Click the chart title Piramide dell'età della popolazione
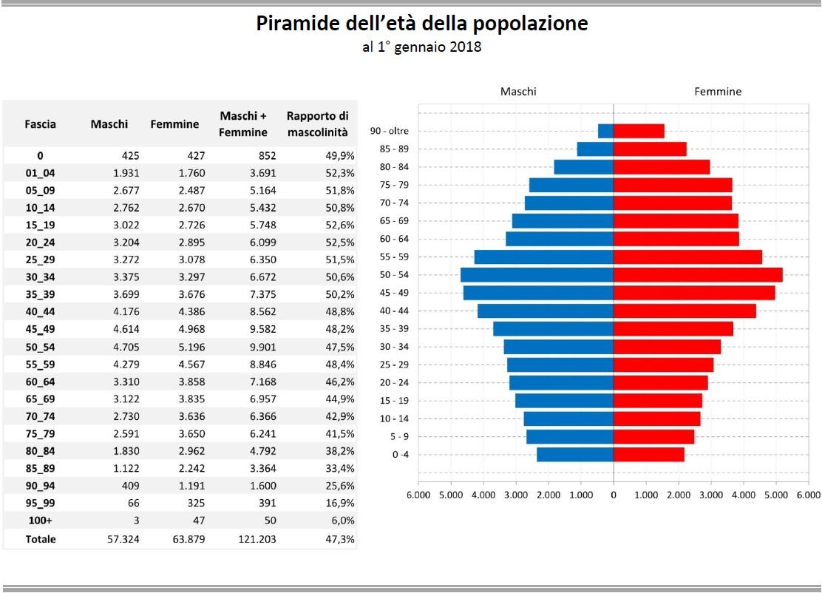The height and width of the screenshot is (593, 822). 422,24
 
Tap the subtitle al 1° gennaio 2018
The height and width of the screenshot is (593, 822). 421,47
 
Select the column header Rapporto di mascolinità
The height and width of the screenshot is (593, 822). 317,123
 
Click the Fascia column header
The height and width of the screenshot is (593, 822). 40,124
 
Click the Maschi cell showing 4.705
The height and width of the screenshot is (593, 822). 123,347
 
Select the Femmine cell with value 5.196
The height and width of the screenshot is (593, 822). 189,347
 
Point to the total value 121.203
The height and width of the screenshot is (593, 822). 256,539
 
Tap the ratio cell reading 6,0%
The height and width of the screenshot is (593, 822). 342,521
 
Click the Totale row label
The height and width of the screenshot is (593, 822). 41,539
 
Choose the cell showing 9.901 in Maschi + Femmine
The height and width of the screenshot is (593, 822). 260,347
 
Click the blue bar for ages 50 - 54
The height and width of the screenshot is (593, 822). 537,275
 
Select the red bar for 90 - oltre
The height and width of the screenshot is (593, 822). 639,131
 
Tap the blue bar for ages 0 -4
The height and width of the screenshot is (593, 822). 575,454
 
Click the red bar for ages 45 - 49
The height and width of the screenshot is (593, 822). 694,293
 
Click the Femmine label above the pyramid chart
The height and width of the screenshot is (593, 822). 717,92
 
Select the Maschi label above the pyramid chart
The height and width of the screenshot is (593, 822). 518,92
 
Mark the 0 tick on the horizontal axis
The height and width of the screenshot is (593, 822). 614,494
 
